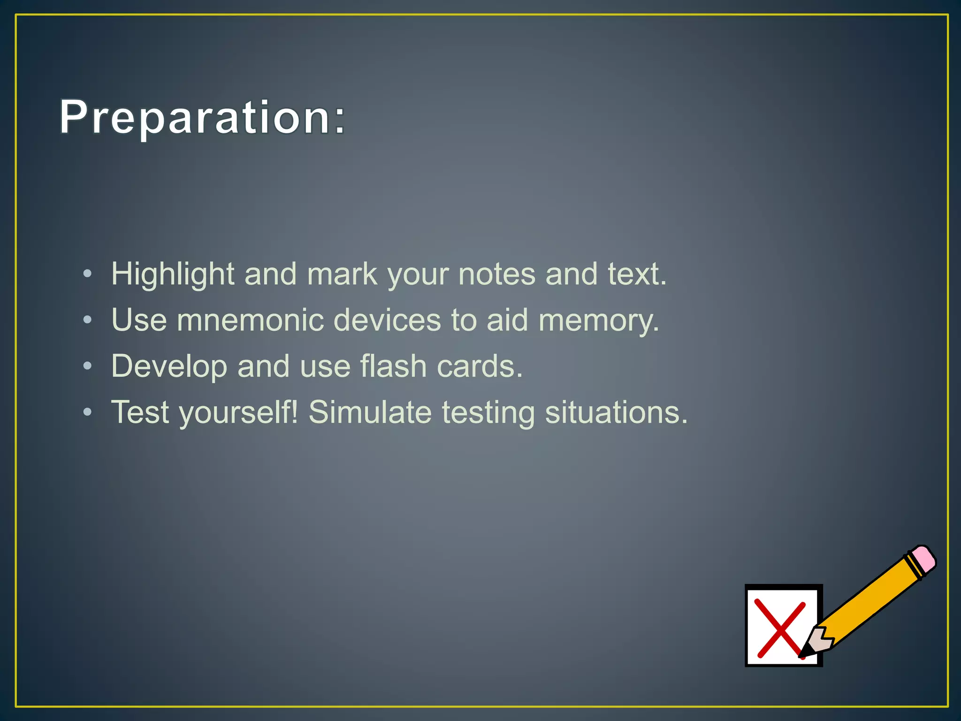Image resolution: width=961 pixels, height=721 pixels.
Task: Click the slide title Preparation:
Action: [202, 117]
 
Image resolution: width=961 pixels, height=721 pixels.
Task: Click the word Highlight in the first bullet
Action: [172, 274]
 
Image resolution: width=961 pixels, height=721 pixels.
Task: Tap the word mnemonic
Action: [250, 320]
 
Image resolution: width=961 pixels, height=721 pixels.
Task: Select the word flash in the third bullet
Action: [393, 366]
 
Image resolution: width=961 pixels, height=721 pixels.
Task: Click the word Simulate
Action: [370, 412]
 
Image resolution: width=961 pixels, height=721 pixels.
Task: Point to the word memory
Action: [598, 321]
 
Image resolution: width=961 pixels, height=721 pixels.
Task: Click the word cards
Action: [479, 366]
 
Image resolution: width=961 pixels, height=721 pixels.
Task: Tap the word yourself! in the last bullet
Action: [238, 413]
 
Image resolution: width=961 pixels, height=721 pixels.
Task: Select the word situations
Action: [616, 412]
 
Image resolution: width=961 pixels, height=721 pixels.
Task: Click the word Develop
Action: [169, 367]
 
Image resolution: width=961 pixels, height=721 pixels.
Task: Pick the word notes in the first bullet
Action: [496, 274]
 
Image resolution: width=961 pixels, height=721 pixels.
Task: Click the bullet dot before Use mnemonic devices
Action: [87, 320]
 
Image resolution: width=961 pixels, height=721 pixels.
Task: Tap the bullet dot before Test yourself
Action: [87, 412]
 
